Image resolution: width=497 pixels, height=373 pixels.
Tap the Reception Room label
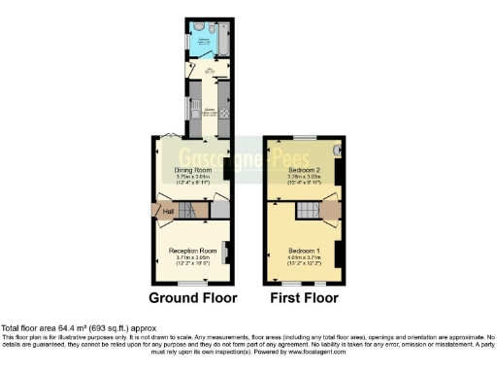pyautogui.click(x=190, y=250)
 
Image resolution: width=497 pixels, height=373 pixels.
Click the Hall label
pyautogui.click(x=167, y=212)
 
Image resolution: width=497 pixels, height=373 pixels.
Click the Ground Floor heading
pyautogui.click(x=190, y=297)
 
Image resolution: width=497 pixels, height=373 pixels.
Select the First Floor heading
pyautogui.click(x=304, y=297)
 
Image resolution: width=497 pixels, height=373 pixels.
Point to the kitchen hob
pyautogui.click(x=223, y=113)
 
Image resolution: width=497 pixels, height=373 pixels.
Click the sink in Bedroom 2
pyautogui.click(x=336, y=151)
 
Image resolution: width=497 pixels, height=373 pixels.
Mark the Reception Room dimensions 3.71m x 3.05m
pyautogui.click(x=190, y=256)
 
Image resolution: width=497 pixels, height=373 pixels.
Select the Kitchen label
pyautogui.click(x=209, y=111)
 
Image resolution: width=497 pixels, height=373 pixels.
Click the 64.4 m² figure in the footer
pyautogui.click(x=61, y=327)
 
